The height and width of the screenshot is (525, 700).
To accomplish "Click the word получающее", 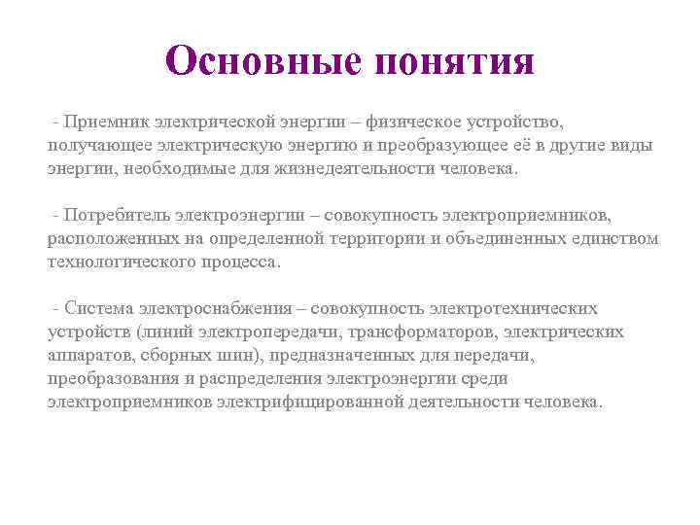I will [93, 146].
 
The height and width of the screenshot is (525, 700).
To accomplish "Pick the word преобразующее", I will [429, 146].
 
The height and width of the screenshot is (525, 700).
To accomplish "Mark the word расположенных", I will [105, 238].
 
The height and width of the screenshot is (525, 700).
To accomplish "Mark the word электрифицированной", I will [293, 402].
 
